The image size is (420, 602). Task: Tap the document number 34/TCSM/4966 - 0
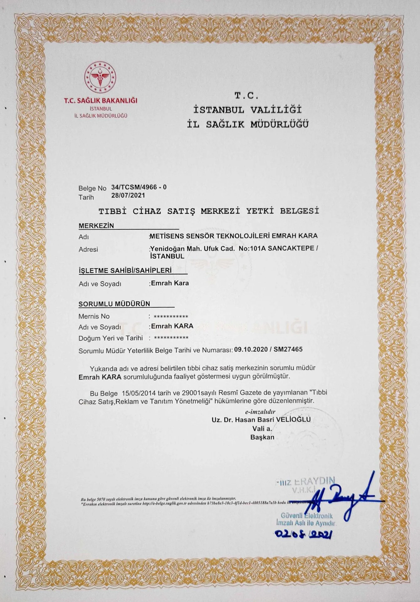(x=139, y=187)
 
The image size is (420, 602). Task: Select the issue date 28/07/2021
(x=128, y=196)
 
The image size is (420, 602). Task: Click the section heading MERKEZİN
(x=96, y=226)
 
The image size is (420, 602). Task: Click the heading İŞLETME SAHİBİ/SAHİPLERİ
(x=125, y=270)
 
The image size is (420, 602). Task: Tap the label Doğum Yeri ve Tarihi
(x=111, y=338)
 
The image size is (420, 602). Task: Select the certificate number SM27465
(x=288, y=349)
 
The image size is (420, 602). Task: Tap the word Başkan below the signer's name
(x=262, y=437)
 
